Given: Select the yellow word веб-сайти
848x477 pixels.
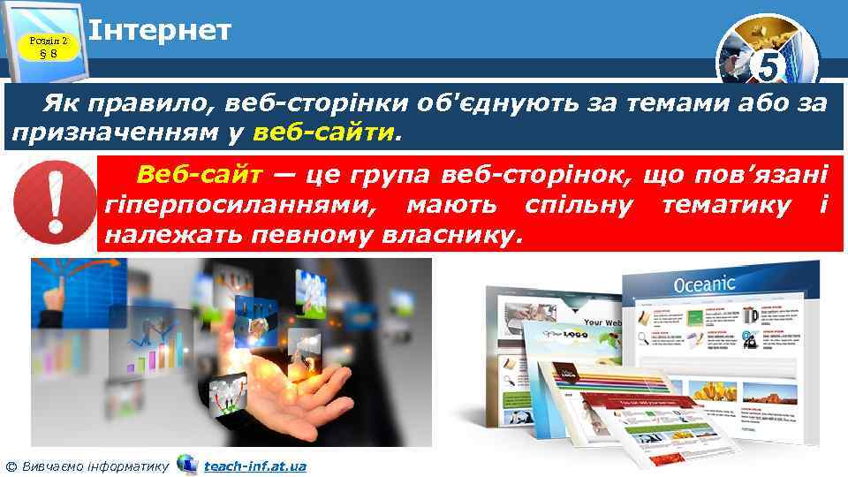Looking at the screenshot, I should tap(323, 133).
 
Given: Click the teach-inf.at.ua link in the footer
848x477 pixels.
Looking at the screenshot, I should tap(254, 465).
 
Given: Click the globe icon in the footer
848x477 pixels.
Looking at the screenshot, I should tap(187, 464).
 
